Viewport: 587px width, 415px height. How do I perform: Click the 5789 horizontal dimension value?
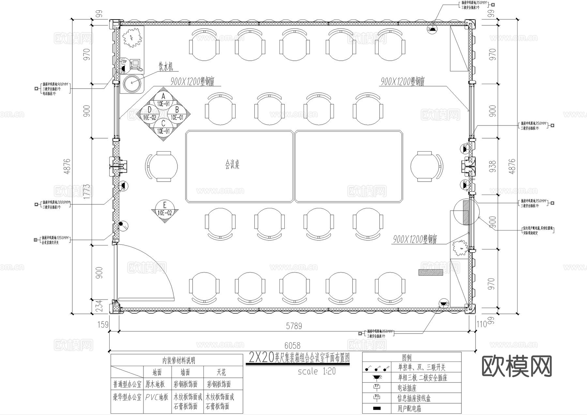coord(294,326)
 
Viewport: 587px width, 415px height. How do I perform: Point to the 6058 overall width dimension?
coord(292,345)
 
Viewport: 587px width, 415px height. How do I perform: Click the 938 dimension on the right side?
coord(492,166)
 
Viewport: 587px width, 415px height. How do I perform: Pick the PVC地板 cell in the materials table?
coord(157,397)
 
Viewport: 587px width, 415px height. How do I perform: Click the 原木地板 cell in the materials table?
coord(155,384)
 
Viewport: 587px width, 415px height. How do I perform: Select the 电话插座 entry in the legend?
coord(407,388)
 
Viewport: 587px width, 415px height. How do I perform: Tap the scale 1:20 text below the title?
coord(316,371)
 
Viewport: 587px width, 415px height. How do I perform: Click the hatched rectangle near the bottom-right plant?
coord(430,272)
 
